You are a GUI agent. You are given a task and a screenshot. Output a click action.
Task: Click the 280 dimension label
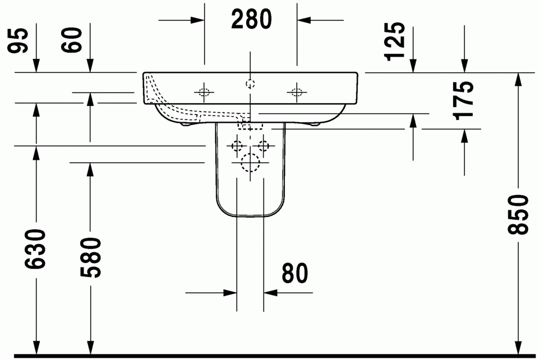tap(251, 19)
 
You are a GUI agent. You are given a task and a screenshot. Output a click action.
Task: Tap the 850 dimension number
tap(518, 215)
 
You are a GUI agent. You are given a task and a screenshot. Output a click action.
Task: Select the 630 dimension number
tap(35, 249)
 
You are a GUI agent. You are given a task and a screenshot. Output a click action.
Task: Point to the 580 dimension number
tap(91, 257)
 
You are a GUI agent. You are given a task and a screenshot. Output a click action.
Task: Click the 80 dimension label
tap(294, 273)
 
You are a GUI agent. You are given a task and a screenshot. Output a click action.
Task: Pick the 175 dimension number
tap(463, 100)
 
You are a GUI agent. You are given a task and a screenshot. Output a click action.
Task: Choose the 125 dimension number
tap(395, 41)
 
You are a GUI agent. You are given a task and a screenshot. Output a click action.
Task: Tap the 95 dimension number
tap(17, 40)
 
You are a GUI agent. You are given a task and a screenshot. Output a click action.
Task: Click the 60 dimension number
tap(72, 40)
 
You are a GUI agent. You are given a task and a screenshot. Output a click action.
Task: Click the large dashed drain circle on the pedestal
tap(250, 163)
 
